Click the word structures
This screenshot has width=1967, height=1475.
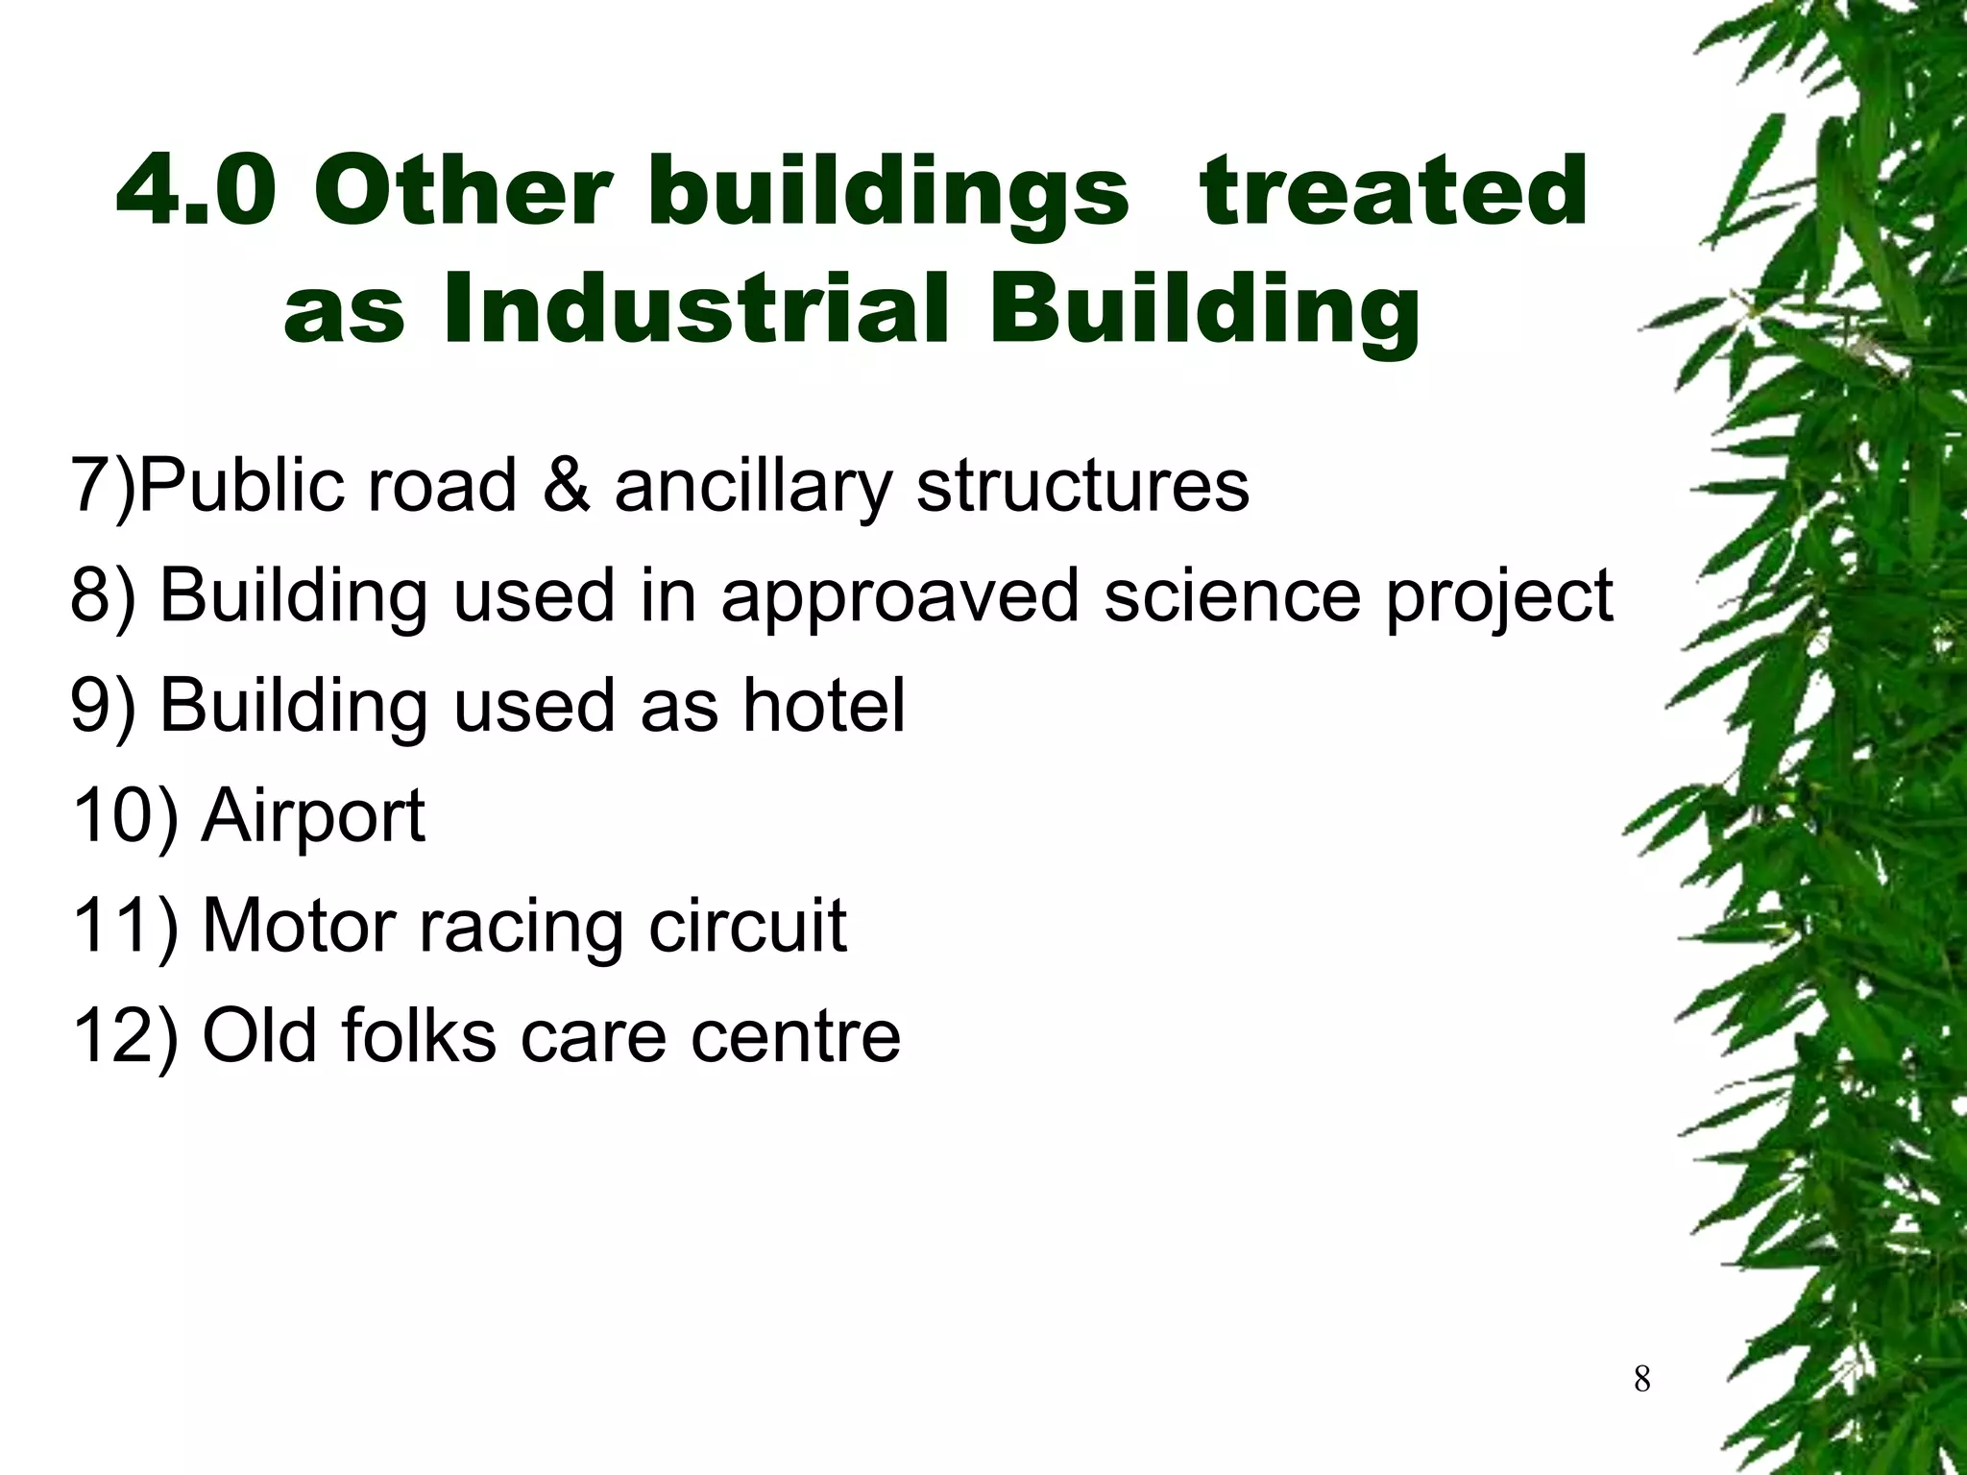pos(1082,485)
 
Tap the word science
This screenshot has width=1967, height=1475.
pos(1231,595)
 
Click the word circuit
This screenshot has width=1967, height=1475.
pos(747,926)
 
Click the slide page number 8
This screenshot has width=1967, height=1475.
pos(1641,1380)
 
